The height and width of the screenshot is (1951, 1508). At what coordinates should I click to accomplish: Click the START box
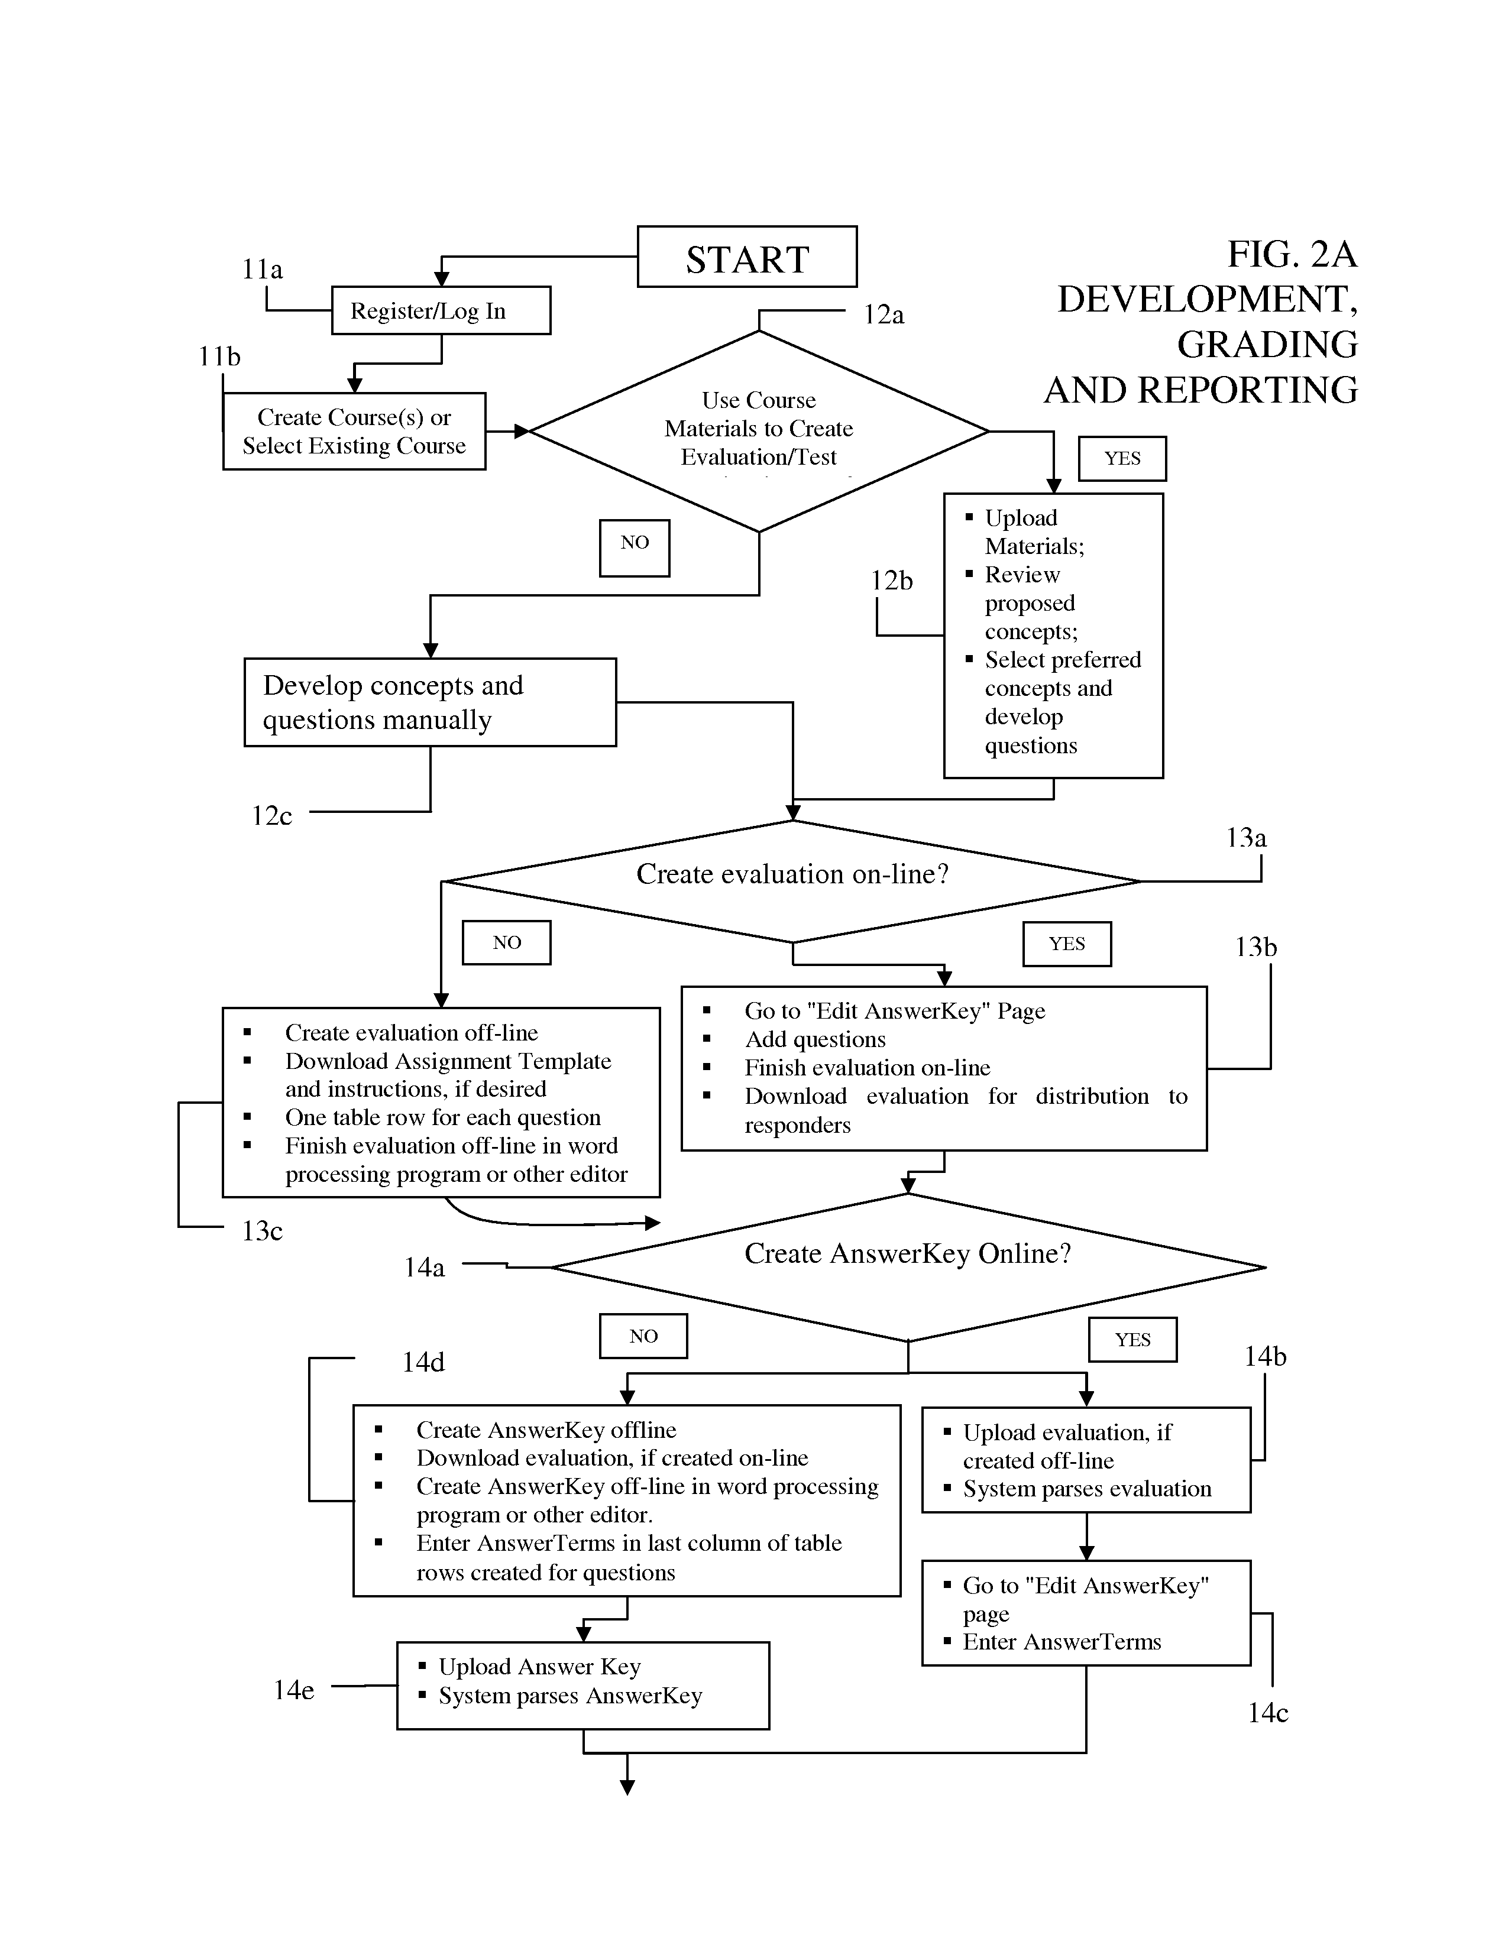[x=747, y=257]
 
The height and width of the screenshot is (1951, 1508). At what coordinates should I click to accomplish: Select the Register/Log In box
[x=441, y=310]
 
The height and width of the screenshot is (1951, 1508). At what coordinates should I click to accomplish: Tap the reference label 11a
[x=263, y=269]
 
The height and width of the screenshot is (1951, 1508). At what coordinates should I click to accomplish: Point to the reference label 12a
[x=884, y=315]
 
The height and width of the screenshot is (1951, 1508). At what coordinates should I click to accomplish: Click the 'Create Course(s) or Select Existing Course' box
[x=355, y=432]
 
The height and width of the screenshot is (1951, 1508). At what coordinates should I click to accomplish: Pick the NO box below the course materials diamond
[x=635, y=547]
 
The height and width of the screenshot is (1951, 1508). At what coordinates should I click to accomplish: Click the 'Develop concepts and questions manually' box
[x=431, y=702]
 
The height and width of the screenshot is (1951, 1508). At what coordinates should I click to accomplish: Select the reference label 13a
[x=1246, y=838]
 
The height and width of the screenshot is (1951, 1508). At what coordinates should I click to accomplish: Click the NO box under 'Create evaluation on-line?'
[x=507, y=942]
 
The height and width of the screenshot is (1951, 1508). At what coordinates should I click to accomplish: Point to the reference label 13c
[x=263, y=1231]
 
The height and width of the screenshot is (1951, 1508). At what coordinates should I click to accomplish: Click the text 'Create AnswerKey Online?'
[x=908, y=1253]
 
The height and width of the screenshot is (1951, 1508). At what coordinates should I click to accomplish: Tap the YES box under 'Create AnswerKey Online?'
[x=1133, y=1339]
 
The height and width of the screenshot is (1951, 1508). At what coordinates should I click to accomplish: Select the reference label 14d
[x=423, y=1362]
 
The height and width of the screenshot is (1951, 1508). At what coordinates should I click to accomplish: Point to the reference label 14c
[x=1268, y=1713]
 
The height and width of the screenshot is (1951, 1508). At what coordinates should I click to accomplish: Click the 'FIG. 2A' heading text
[x=1292, y=255]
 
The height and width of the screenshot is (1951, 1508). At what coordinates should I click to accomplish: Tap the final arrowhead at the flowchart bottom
[x=627, y=1787]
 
